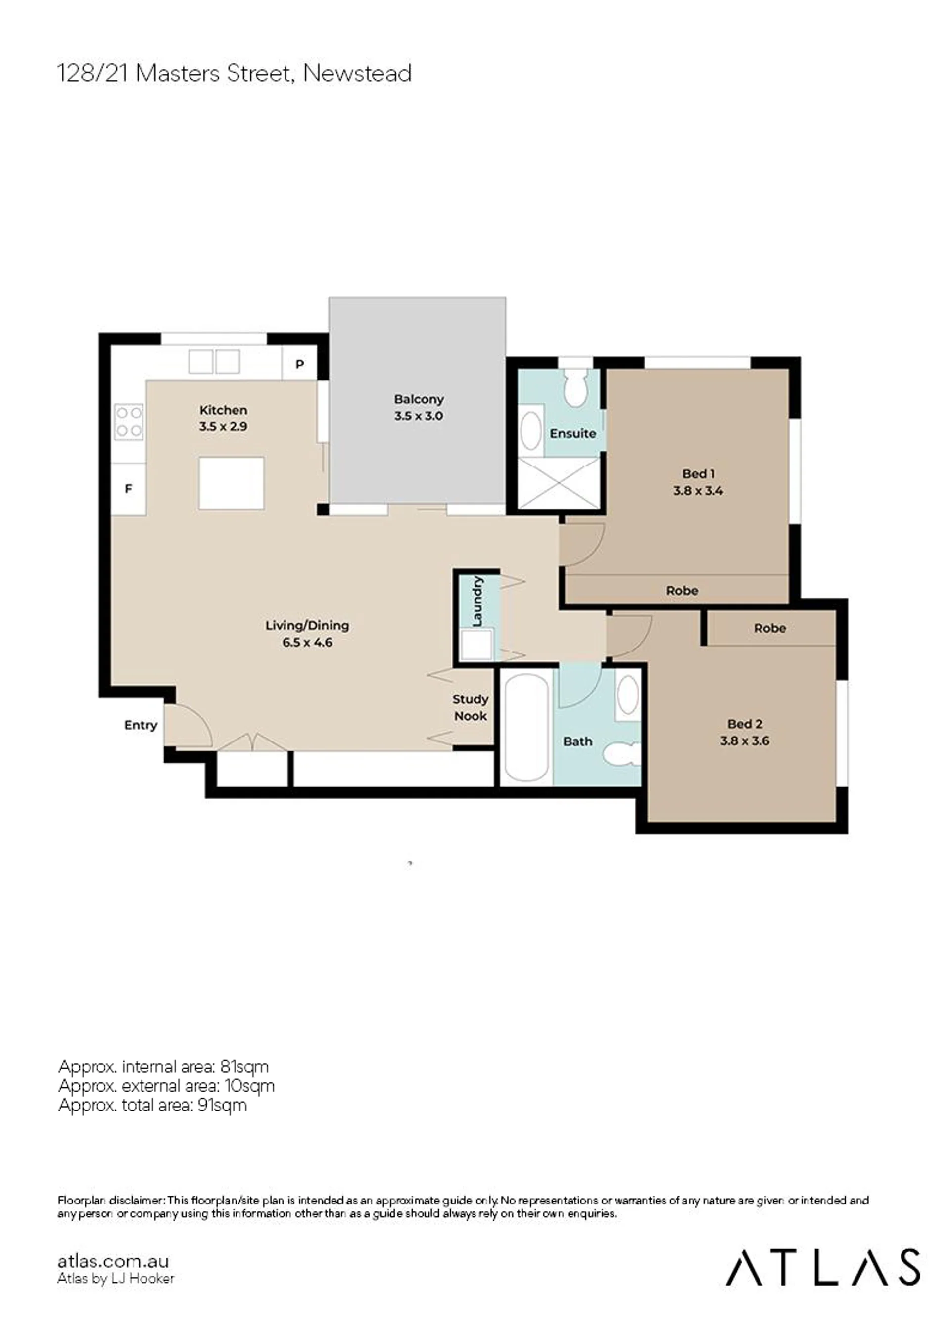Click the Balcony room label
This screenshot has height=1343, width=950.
tap(419, 400)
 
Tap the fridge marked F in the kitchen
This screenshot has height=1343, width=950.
tap(129, 489)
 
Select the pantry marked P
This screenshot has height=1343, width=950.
tap(299, 364)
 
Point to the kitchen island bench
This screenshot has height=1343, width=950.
tap(232, 484)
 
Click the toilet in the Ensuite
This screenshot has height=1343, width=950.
tap(576, 387)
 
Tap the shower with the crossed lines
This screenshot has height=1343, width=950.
tap(559, 484)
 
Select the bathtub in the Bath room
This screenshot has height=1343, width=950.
tap(526, 728)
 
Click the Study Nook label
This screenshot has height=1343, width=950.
tap(471, 708)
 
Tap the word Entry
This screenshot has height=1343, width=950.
tap(141, 725)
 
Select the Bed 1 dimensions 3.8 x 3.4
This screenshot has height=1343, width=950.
tap(698, 491)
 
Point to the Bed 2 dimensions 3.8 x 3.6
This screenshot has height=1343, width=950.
tap(745, 741)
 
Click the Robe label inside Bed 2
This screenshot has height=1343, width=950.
tap(770, 628)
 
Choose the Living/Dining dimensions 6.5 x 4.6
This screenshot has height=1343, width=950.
tap(308, 642)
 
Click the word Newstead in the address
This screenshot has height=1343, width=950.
tap(357, 73)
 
